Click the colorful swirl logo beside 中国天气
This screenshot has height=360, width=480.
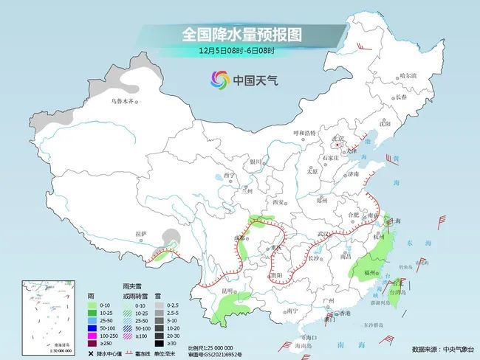(220, 79)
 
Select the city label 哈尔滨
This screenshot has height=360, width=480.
(408, 76)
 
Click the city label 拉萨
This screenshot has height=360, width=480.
(141, 234)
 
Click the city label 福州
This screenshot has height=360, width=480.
(372, 272)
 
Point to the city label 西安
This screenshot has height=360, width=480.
(278, 201)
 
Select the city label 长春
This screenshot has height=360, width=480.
(422, 97)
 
